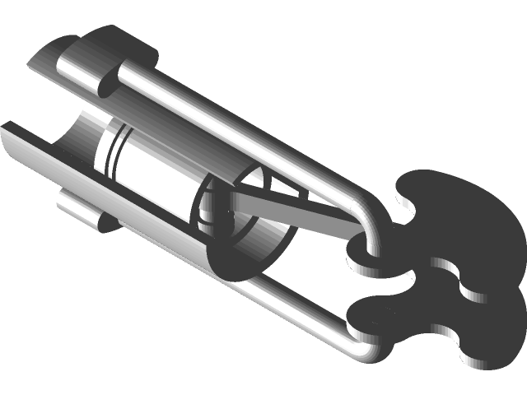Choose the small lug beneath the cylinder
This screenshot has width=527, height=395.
click(82, 211)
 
